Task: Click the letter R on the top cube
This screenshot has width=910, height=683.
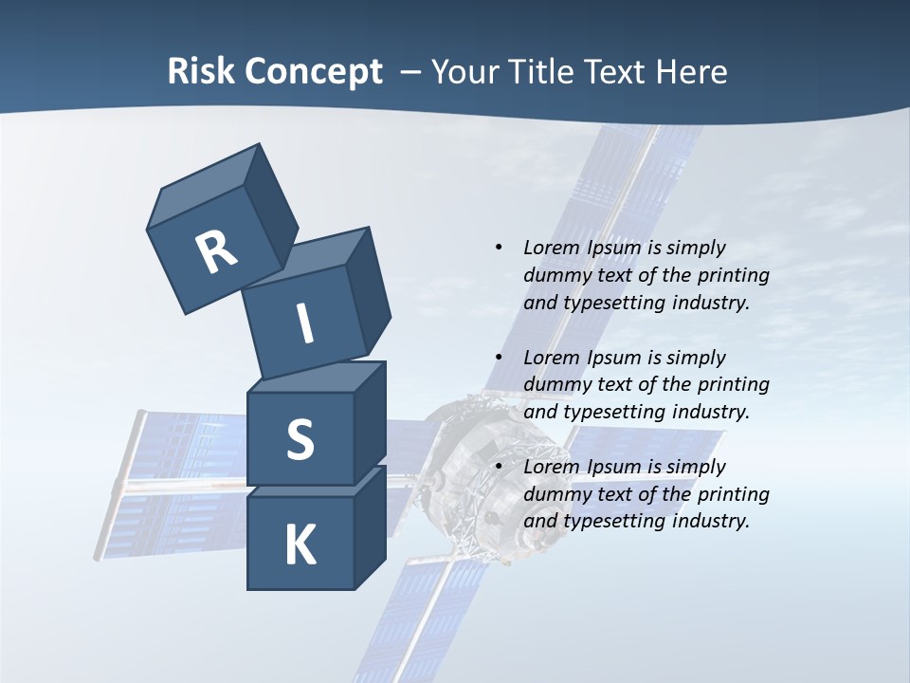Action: click(216, 252)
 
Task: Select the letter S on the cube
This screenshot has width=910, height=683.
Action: click(300, 439)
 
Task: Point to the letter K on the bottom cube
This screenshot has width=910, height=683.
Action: click(300, 545)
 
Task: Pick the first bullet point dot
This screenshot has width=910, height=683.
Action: click(499, 248)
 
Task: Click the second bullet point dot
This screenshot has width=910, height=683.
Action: click(499, 358)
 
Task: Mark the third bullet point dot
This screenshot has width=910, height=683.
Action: click(499, 467)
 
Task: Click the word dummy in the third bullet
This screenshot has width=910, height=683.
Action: click(555, 494)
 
